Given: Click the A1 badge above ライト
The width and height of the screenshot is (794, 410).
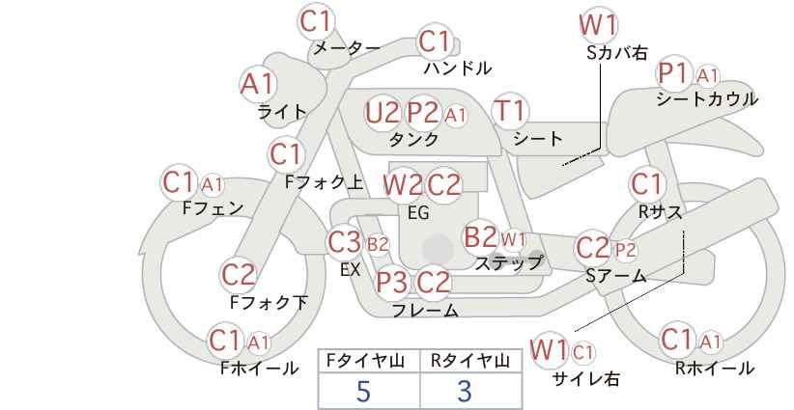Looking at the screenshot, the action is click(258, 84).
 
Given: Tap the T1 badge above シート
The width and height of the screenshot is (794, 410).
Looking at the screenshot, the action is click(510, 111).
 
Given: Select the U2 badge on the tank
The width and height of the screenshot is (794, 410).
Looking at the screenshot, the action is click(383, 112).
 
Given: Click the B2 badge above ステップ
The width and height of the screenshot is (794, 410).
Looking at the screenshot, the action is click(480, 236).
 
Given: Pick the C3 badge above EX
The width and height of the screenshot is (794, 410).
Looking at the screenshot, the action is click(344, 242).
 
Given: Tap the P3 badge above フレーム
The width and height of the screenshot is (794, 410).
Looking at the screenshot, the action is click(392, 282).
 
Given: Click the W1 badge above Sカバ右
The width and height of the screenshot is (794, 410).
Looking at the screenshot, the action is click(599, 24).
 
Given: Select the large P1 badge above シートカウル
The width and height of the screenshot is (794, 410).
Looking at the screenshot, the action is click(674, 74).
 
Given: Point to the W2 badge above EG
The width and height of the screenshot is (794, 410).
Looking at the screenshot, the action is click(403, 185).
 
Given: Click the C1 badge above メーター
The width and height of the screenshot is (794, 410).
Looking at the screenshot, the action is click(316, 21).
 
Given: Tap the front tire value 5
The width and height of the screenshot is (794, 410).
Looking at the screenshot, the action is click(363, 391).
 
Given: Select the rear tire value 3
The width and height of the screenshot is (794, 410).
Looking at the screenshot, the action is click(465, 391).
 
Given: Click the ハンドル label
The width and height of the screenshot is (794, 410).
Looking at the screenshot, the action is click(458, 68).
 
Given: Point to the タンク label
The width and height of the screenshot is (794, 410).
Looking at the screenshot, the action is click(413, 139).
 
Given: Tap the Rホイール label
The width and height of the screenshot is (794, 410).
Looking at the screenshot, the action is click(715, 369).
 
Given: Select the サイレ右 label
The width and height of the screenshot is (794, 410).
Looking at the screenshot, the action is click(586, 378).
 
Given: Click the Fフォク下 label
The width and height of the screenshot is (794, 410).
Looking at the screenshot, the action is click(269, 302).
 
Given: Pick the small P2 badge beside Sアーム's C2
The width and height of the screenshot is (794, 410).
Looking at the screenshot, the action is click(625, 250).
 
